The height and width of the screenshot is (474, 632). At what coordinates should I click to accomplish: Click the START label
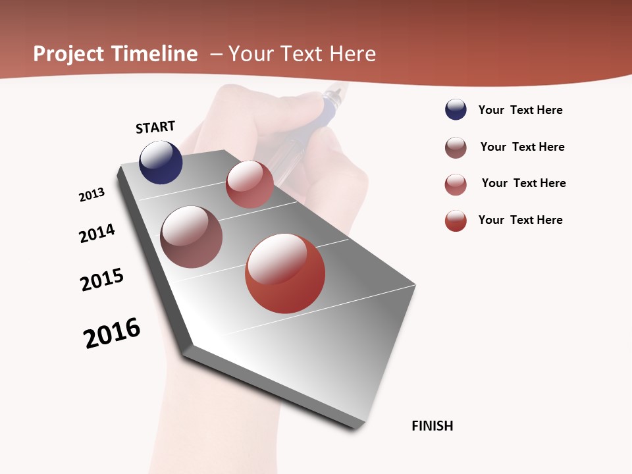tap(155, 127)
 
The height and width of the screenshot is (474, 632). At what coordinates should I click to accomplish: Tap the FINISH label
tap(432, 426)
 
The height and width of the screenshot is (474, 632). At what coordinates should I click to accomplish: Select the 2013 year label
tap(92, 195)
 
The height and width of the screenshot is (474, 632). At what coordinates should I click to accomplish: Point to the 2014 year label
tap(97, 233)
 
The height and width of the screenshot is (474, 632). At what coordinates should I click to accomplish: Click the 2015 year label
tap(102, 279)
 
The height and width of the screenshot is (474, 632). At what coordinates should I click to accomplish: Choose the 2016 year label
tap(112, 333)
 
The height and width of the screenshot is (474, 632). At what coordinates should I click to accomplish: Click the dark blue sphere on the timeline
tap(161, 162)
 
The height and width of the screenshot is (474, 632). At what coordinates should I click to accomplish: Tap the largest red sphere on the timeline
tap(285, 273)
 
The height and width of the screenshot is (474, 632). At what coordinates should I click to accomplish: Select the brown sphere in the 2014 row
tap(191, 237)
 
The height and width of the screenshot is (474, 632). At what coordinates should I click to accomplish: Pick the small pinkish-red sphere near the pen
tap(250, 184)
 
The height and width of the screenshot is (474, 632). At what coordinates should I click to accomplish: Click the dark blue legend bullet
tap(456, 110)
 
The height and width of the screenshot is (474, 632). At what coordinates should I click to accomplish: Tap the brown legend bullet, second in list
tap(456, 147)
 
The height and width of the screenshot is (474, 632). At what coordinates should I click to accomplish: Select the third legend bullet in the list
tap(456, 184)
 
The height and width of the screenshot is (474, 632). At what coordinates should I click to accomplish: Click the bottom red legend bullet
tap(456, 221)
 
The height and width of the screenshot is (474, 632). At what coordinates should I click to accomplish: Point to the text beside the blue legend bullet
tap(520, 110)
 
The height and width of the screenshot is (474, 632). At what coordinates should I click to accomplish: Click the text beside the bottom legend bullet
tap(520, 220)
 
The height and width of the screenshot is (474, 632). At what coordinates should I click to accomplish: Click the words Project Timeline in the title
tap(115, 54)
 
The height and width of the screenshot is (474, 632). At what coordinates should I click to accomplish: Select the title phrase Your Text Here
tap(302, 54)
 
